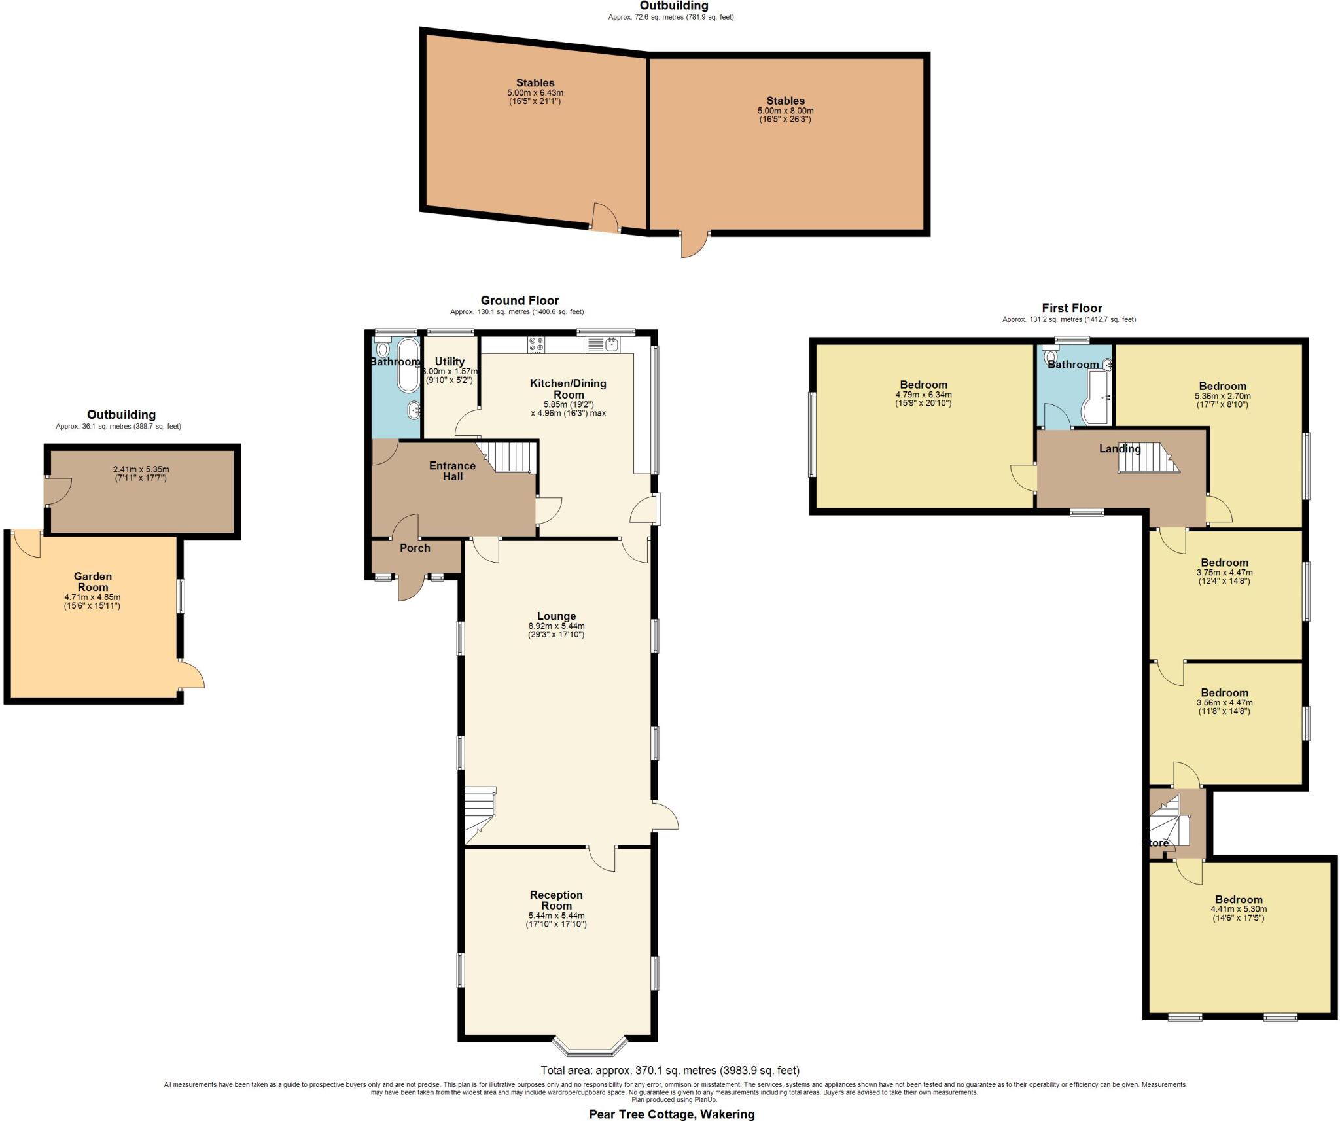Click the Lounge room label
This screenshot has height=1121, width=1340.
point(556,616)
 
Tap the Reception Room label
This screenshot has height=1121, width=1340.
point(556,900)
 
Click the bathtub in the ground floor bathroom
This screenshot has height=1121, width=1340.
point(409,365)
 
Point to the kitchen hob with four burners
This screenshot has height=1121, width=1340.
point(537,344)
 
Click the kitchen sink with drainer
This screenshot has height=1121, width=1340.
point(603,344)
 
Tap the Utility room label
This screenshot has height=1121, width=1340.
point(450,361)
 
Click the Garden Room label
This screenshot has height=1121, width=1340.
point(93,582)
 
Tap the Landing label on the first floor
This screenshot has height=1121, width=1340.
point(1120,449)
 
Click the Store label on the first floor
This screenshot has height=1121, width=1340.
point(1155,843)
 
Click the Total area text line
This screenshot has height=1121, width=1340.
point(670,1071)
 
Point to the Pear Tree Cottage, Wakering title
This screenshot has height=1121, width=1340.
point(671,1114)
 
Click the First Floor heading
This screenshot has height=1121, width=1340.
point(1072,308)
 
